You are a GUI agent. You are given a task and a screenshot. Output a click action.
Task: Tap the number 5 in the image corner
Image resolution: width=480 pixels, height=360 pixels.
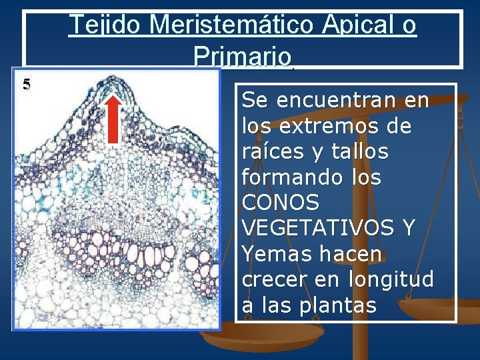[x=27, y=84]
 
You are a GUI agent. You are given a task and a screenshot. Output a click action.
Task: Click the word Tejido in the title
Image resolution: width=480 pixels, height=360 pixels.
[x=106, y=25]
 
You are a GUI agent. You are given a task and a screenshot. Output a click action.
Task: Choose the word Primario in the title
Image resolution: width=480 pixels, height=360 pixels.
[x=243, y=55]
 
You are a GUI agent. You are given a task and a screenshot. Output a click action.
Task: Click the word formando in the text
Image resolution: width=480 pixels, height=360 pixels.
[x=293, y=177]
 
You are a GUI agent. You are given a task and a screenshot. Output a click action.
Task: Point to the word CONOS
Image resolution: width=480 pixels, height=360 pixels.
[x=281, y=203]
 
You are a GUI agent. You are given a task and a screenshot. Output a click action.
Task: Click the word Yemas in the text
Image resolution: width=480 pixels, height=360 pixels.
[x=273, y=254]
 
